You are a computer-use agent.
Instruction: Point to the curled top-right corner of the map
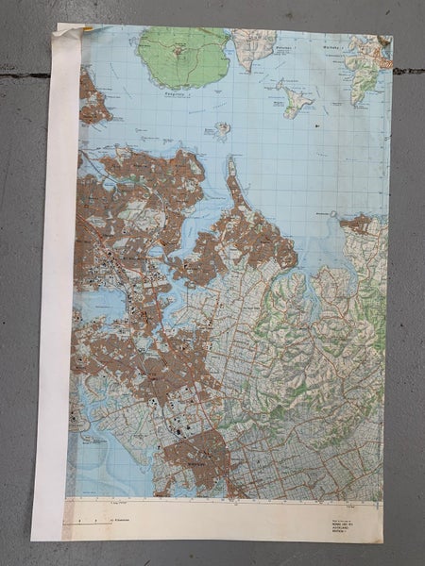[x=384, y=42]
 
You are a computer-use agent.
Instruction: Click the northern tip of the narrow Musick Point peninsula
[x=229, y=161]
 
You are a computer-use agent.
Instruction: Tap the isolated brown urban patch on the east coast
[x=359, y=224]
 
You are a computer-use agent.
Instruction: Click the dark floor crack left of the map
[x=24, y=75]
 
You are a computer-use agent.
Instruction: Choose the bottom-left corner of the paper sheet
[x=34, y=541]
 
